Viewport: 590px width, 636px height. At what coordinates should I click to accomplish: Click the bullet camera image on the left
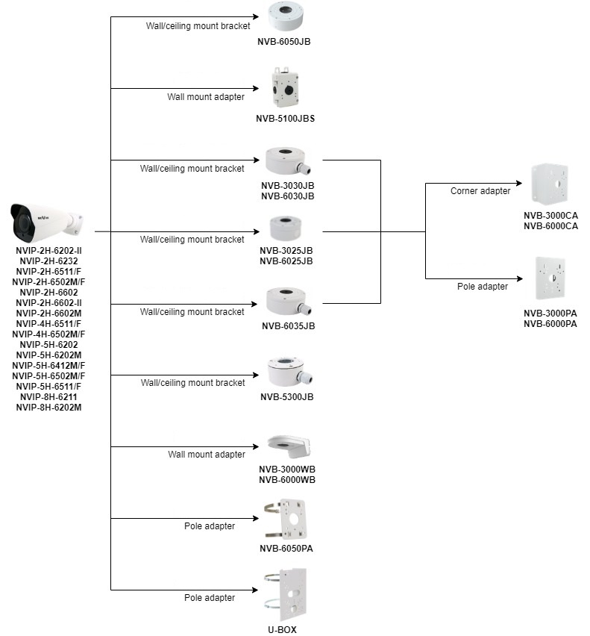(46, 222)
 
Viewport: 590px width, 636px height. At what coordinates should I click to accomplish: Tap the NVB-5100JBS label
(285, 118)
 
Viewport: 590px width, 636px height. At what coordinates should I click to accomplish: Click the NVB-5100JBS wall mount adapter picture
(285, 89)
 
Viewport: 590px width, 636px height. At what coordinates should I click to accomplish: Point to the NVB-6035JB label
(288, 325)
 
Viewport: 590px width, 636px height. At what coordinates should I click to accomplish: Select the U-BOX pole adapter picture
(286, 594)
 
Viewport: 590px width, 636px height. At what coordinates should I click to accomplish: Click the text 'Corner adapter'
(480, 191)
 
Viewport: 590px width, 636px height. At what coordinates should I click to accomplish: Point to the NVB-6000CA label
(550, 226)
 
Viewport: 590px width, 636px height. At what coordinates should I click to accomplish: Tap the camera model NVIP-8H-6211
(48, 397)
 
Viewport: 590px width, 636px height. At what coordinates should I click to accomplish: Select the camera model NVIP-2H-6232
(48, 261)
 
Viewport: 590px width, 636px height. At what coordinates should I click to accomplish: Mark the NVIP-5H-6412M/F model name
(48, 366)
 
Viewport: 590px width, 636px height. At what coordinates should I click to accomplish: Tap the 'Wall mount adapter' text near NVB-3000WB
(206, 454)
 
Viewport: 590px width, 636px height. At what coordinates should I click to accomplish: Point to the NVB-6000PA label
(550, 323)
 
